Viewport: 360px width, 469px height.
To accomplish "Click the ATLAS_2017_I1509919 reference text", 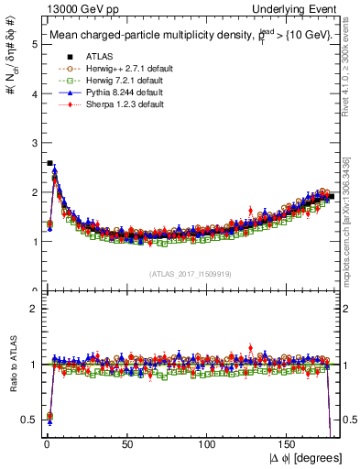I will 190,274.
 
